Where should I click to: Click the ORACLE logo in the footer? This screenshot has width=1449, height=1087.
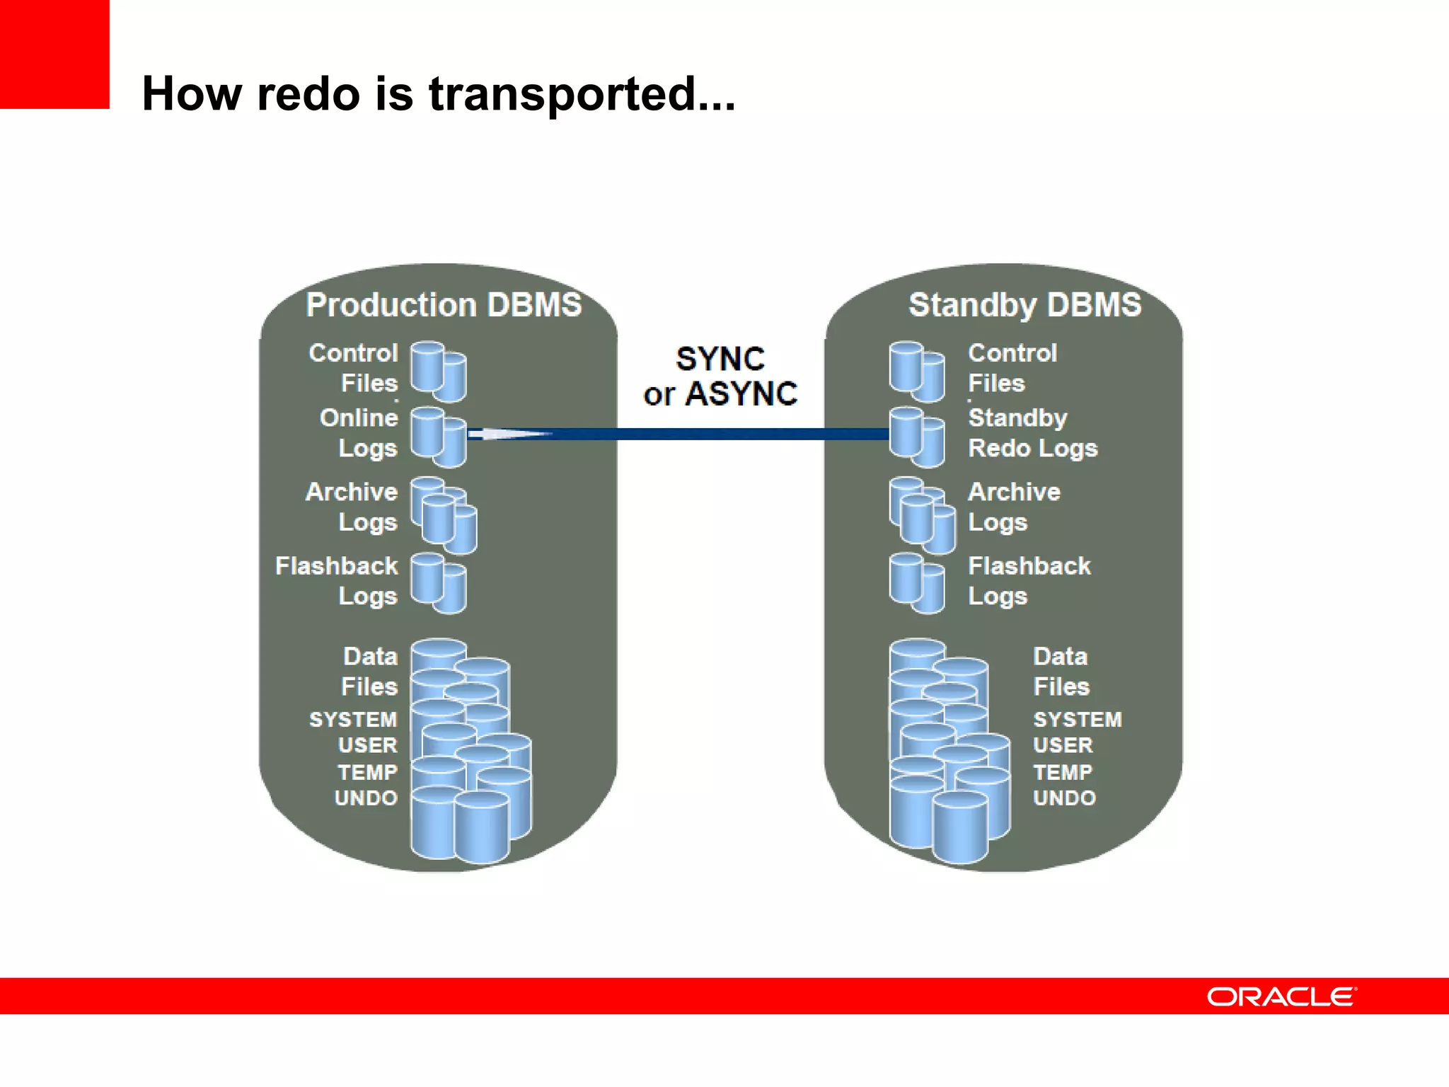pos(1281,996)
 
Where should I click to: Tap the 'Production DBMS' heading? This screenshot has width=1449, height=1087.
pos(444,305)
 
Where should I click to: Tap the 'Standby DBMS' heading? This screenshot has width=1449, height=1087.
pos(1024,305)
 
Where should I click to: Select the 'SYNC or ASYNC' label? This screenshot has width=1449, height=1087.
pos(720,376)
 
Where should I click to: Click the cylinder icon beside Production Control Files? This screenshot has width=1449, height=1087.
pos(438,371)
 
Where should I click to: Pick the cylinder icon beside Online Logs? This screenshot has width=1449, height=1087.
pos(438,437)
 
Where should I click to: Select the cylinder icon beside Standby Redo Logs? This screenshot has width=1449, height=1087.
pos(917,437)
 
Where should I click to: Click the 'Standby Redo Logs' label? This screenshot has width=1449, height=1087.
pos(1032,433)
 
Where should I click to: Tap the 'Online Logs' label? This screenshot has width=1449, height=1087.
pos(359,433)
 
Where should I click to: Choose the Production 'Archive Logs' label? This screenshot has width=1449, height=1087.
pos(352,507)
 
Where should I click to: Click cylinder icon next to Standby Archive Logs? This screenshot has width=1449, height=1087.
pos(921,515)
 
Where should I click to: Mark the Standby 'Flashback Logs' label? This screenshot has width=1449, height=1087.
pos(1029,581)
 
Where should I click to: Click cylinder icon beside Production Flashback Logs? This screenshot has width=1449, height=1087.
pos(438,582)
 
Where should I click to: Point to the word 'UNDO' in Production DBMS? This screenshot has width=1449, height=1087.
pos(366,798)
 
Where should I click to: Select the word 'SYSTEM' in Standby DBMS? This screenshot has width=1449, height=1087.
pos(1077,720)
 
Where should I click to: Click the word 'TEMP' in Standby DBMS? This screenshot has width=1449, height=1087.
pos(1063,772)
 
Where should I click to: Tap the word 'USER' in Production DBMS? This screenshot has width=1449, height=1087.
pos(367,745)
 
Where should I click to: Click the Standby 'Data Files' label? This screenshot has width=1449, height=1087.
pos(1061,672)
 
